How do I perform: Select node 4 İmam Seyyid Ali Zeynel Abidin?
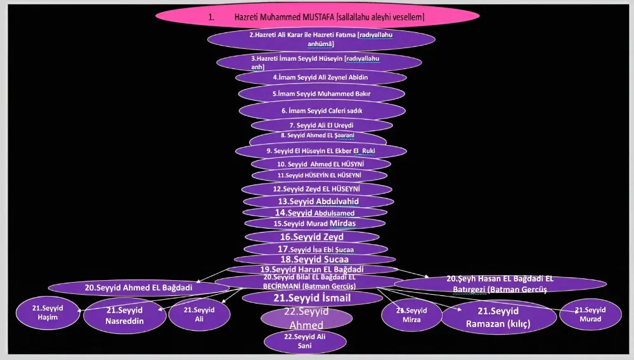click(321, 77)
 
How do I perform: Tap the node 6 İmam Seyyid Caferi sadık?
click(322, 110)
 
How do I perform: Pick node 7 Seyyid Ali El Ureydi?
click(321, 125)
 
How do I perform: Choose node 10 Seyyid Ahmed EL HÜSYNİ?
click(321, 164)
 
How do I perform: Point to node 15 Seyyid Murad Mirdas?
click(315, 224)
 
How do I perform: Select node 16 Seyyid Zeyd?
click(312, 237)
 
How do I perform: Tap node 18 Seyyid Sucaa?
click(314, 259)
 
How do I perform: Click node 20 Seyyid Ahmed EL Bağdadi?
click(138, 287)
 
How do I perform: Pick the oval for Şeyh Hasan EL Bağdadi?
click(500, 283)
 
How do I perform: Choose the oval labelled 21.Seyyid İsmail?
click(313, 297)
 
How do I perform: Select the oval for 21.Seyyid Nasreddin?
click(125, 315)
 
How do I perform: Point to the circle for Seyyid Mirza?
click(412, 315)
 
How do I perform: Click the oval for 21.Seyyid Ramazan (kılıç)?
click(498, 317)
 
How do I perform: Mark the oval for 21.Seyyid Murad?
click(590, 314)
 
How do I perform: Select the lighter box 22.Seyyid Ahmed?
click(306, 318)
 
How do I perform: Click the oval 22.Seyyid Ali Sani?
click(306, 342)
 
